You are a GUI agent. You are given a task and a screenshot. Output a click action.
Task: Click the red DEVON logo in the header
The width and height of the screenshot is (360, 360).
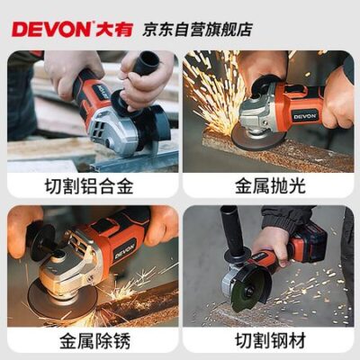click(x=51, y=30)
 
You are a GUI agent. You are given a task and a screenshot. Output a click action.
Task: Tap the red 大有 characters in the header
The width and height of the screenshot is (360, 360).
click(x=113, y=30)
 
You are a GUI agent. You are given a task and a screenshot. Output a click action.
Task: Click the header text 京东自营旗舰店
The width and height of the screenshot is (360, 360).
click(x=197, y=30)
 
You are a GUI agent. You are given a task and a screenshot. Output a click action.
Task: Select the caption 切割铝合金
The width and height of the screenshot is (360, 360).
click(x=89, y=186)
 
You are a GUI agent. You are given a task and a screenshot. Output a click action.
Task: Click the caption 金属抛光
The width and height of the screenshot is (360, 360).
click(x=270, y=186)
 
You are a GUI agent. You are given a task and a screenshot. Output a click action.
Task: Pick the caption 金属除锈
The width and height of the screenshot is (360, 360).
click(x=94, y=340)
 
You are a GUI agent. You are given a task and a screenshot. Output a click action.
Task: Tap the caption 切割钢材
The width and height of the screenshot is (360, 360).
click(x=270, y=340)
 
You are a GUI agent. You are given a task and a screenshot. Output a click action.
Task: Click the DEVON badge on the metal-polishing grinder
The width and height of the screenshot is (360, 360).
click(x=305, y=116)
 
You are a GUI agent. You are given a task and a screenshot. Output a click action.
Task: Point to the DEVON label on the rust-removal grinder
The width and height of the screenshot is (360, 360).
click(x=124, y=250)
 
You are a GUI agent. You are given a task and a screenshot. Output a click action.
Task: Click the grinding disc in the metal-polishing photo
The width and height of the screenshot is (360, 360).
click(x=258, y=138)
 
